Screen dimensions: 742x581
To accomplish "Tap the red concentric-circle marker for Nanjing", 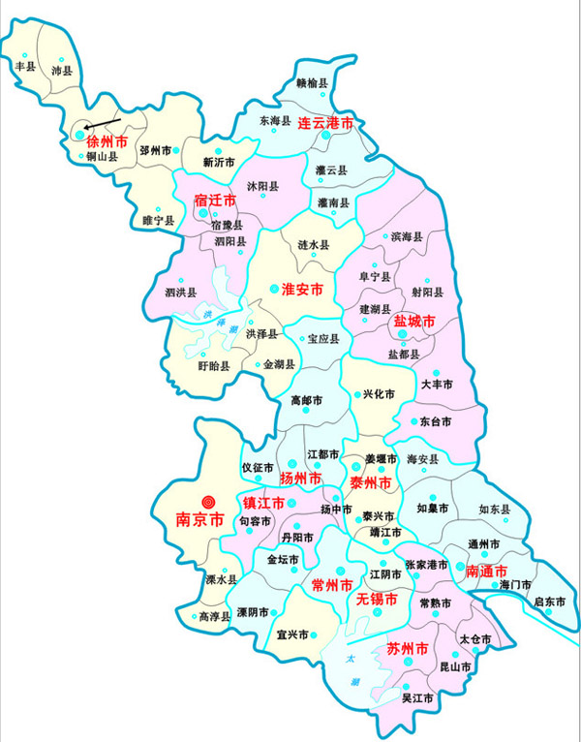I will coord(206,501).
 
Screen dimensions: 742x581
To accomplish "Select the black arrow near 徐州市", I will coord(99,122).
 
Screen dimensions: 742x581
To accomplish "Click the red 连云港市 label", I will coord(324,123).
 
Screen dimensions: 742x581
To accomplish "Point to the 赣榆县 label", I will coord(312,84).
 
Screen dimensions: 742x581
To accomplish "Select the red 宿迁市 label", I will coord(215,201).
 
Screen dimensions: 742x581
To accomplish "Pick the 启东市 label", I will coord(549,602).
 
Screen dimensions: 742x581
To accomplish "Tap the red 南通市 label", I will coord(488,572).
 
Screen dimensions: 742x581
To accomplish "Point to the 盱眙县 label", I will coord(213,366).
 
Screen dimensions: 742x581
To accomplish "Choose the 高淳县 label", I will coord(214,616).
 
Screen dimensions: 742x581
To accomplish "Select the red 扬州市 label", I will coord(300,479).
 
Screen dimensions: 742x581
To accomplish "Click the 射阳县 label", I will coord(427,292).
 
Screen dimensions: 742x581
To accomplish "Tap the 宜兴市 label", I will coord(291,635).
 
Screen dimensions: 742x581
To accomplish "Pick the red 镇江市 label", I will coord(262,503).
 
